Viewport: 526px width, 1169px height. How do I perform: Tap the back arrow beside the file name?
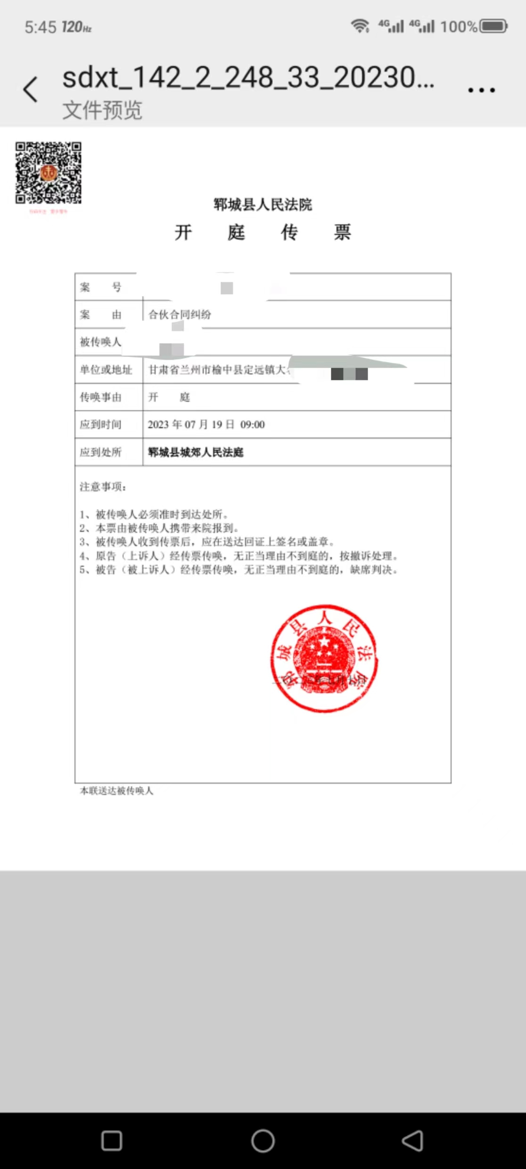tap(30, 89)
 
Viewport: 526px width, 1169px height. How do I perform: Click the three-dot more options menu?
tap(481, 90)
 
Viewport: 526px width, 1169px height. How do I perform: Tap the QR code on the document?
tap(48, 173)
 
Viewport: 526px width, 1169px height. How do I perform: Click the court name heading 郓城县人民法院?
tap(263, 205)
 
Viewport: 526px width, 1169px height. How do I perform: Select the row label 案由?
tap(100, 314)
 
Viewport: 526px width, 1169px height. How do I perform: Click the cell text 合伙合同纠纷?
tap(180, 314)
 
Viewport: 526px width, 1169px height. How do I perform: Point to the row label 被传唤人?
tap(100, 342)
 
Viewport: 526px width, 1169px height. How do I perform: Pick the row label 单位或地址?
tap(106, 370)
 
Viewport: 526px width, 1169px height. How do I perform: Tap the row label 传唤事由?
tap(100, 397)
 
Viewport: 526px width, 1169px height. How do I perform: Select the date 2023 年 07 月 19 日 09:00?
tap(206, 425)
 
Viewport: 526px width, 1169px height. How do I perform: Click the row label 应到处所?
tap(100, 453)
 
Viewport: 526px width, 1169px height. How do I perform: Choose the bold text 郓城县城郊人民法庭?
tap(196, 453)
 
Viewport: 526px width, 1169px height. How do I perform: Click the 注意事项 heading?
tap(103, 487)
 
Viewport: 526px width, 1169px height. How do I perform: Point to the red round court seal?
tap(324, 658)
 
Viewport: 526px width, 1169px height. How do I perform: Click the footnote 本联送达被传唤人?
tap(116, 791)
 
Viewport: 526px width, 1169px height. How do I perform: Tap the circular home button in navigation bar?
tap(263, 1141)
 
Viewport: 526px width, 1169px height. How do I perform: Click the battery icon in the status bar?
tap(493, 26)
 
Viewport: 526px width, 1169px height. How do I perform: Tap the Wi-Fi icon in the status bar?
tap(361, 26)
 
